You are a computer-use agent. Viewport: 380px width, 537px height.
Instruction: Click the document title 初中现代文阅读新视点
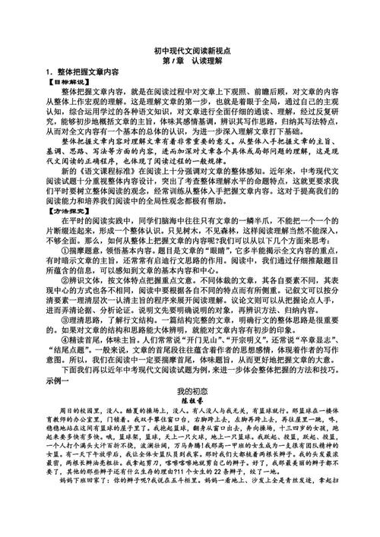pos(190,47)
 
